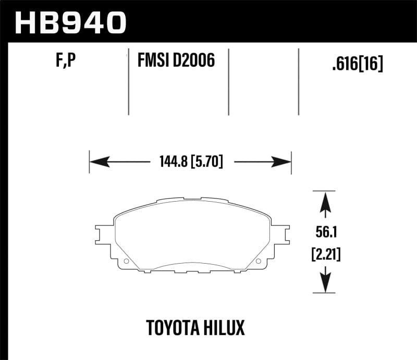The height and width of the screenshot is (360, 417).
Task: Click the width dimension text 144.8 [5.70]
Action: pos(189,162)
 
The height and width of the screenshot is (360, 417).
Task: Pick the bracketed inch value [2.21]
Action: pos(326,255)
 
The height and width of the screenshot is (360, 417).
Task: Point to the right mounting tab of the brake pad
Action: pos(280,235)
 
